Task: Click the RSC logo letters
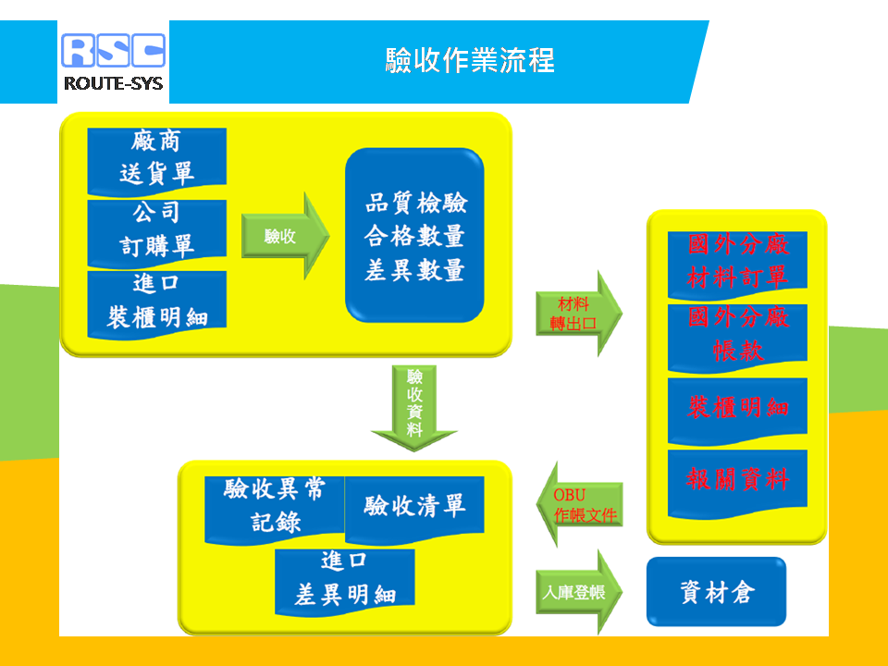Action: click(x=113, y=50)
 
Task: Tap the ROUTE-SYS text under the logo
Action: click(x=113, y=84)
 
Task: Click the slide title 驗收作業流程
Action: click(x=470, y=60)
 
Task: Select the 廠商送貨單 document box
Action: click(x=157, y=161)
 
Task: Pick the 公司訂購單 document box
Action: click(x=157, y=233)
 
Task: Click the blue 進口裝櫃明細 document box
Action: click(x=157, y=304)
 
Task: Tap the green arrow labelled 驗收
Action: click(x=286, y=236)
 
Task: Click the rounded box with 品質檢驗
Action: click(x=414, y=235)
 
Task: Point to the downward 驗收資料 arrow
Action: click(x=414, y=408)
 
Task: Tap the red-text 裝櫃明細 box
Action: click(x=737, y=412)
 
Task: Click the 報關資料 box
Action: click(x=737, y=484)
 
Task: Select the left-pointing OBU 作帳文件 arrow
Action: click(x=579, y=504)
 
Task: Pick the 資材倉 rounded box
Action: click(x=716, y=592)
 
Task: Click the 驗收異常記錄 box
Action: click(x=275, y=510)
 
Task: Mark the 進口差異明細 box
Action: click(x=345, y=583)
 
